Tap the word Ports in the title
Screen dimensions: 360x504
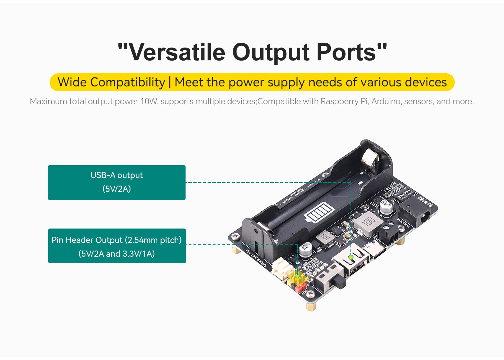click(x=346, y=53)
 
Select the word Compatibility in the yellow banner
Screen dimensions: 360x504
click(x=128, y=83)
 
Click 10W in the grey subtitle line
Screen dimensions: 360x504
click(x=149, y=102)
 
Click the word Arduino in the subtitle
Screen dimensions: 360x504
click(x=386, y=102)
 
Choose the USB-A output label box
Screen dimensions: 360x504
click(x=117, y=182)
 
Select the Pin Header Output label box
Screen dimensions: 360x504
click(x=117, y=246)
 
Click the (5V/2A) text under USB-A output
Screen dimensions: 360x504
click(x=117, y=189)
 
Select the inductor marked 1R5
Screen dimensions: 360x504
click(x=324, y=238)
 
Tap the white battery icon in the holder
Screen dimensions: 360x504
click(x=319, y=213)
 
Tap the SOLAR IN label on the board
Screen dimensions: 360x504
click(x=403, y=223)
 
